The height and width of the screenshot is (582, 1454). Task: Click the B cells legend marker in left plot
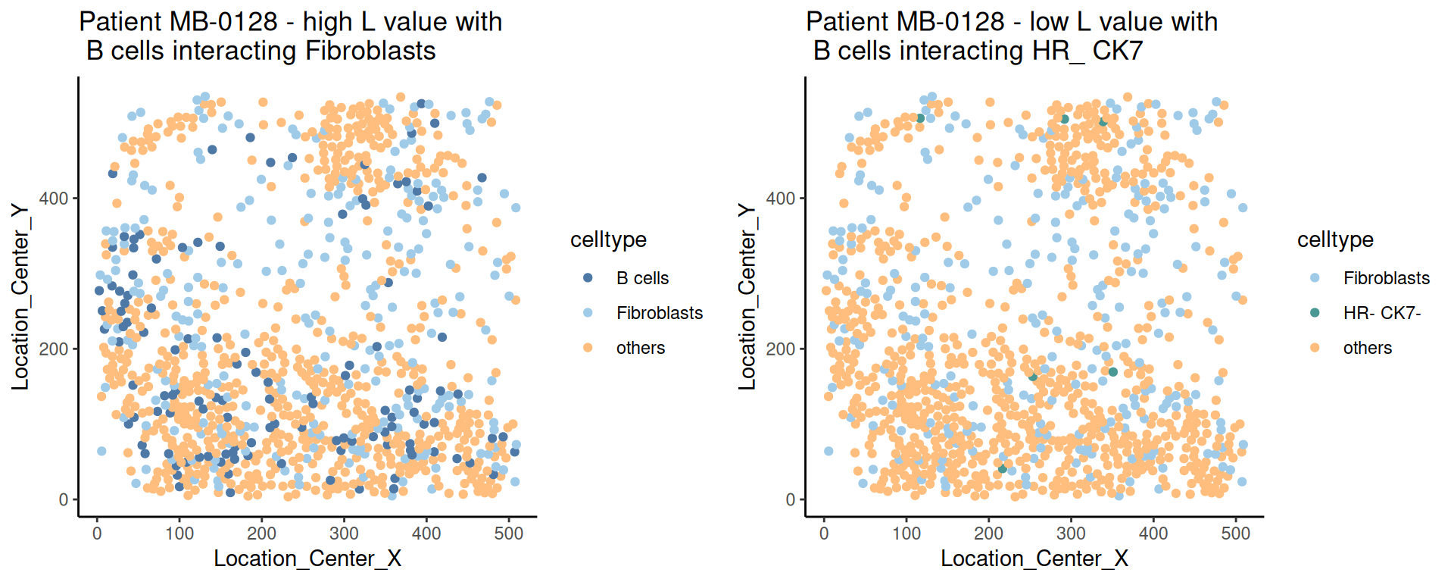coord(588,278)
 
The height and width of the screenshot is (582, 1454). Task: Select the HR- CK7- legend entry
coord(1381,313)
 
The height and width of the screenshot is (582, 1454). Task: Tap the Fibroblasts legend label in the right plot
coord(1386,278)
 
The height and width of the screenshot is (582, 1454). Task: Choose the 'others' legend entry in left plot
coord(640,348)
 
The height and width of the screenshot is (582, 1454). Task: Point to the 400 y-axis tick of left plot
coord(58,199)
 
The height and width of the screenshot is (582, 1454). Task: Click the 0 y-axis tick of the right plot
coord(791,499)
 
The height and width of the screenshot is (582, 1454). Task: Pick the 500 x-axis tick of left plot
coord(509,533)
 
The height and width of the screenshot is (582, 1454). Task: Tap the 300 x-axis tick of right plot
coord(1071,533)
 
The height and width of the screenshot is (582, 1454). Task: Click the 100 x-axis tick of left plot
coord(179,533)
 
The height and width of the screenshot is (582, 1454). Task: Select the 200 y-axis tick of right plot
coord(781,349)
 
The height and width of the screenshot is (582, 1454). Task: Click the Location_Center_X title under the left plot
coord(307,559)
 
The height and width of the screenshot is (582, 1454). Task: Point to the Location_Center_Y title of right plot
coord(747,296)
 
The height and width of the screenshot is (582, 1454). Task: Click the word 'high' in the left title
coord(328,22)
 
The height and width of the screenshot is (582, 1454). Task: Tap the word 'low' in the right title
coord(1049,22)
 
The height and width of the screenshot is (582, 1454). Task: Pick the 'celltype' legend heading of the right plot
coord(1335,239)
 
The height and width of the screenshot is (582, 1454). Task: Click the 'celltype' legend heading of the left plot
coord(608,239)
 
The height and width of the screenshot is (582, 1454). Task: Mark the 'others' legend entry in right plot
coord(1367,348)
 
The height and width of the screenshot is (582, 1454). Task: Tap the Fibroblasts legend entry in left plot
coord(659,313)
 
